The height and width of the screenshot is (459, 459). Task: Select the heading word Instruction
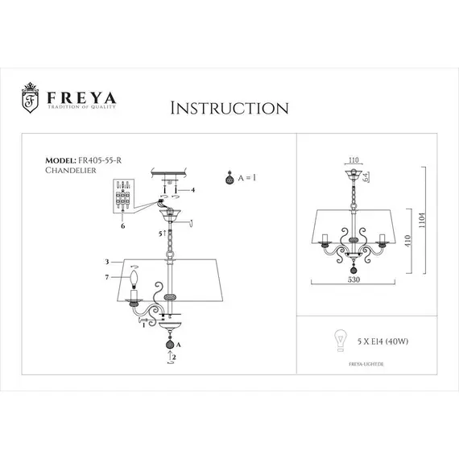[230, 107]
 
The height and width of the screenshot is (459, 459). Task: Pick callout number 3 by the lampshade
[106, 263]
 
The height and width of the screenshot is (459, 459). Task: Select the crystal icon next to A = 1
[231, 177]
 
